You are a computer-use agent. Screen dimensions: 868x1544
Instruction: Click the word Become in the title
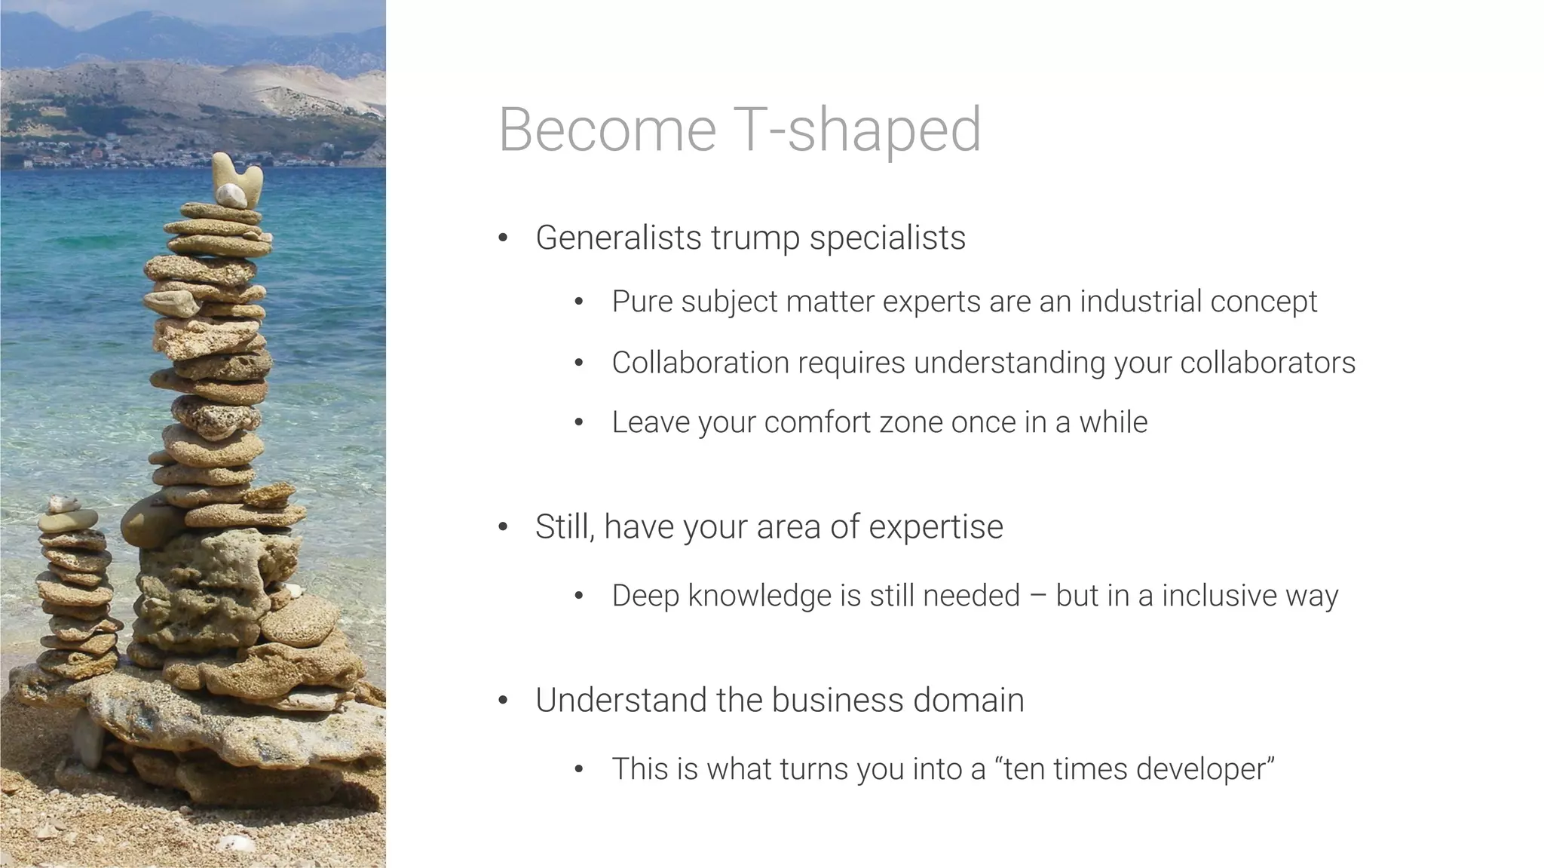(607, 130)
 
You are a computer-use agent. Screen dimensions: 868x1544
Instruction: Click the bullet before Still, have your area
(503, 527)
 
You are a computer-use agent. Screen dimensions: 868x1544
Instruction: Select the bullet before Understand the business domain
(503, 701)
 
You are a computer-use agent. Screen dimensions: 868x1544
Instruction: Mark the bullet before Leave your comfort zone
(578, 422)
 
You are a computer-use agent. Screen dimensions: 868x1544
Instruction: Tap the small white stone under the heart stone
(231, 197)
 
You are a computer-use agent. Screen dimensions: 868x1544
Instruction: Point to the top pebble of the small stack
(63, 503)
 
